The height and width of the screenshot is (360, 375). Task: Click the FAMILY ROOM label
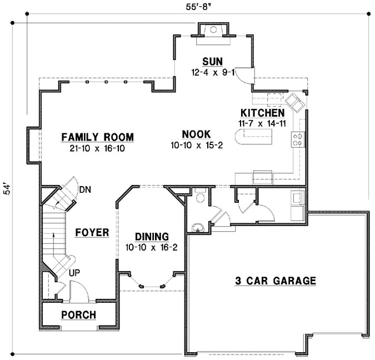(98, 137)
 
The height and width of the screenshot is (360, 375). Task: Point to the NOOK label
(197, 134)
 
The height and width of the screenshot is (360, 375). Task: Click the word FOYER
(92, 232)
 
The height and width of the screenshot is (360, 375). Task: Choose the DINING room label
(152, 237)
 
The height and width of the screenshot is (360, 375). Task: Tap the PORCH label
(78, 315)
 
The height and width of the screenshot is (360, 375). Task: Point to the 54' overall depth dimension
(8, 189)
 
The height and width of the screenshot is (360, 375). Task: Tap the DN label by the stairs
(85, 189)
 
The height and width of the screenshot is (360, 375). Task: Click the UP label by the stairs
(74, 273)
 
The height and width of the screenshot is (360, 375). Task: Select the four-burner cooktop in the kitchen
(297, 139)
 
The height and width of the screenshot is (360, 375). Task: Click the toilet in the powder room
(201, 198)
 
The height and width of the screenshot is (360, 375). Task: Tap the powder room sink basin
(197, 227)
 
